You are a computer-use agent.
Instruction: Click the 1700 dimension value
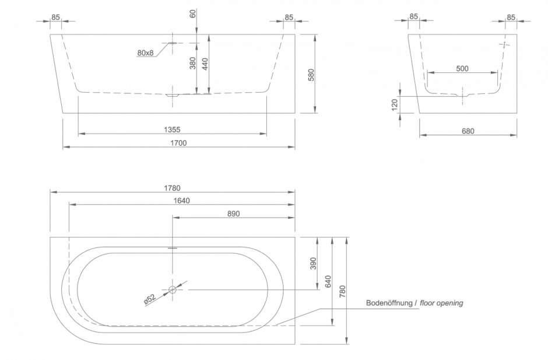[178, 143]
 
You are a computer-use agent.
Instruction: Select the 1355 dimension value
[172, 130]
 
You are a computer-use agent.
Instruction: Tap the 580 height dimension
[311, 75]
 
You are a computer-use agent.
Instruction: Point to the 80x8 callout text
[145, 53]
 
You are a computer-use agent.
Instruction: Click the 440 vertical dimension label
[205, 64]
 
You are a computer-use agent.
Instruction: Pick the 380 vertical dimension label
[193, 64]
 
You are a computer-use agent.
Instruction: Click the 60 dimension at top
[193, 13]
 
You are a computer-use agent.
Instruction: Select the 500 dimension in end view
[462, 69]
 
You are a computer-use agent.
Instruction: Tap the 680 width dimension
[468, 131]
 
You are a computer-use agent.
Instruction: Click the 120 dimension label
[395, 105]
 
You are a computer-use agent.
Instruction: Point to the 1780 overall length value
[172, 188]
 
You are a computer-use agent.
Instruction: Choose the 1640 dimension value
[182, 201]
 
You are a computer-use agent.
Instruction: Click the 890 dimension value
[233, 214]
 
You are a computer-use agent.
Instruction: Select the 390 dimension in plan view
[313, 264]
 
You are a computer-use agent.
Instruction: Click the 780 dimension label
[343, 291]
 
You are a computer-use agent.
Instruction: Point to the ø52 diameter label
[150, 298]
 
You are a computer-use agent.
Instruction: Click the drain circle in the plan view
[173, 289]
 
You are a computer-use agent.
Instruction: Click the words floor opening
[441, 303]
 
